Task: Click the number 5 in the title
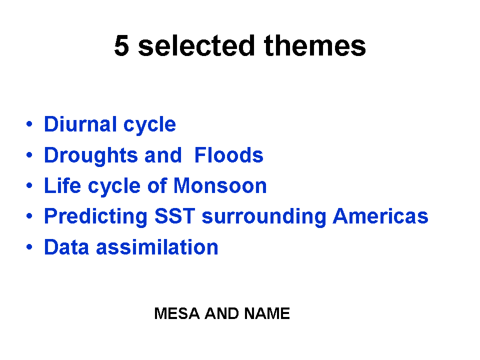click(121, 45)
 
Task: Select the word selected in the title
click(196, 45)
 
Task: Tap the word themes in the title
click(315, 45)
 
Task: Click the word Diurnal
click(80, 124)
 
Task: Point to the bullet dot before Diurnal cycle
click(29, 124)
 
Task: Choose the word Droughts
click(91, 155)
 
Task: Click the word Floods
click(229, 155)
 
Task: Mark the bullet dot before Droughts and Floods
click(29, 155)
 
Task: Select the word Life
click(62, 185)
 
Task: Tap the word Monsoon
click(220, 185)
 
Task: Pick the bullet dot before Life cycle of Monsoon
click(29, 185)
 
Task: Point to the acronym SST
click(175, 216)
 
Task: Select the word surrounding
click(264, 217)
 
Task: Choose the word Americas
click(380, 216)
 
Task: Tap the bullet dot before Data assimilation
click(29, 246)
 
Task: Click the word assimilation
click(157, 246)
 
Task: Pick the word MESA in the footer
click(177, 313)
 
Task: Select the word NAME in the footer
click(267, 313)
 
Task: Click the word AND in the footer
click(221, 313)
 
